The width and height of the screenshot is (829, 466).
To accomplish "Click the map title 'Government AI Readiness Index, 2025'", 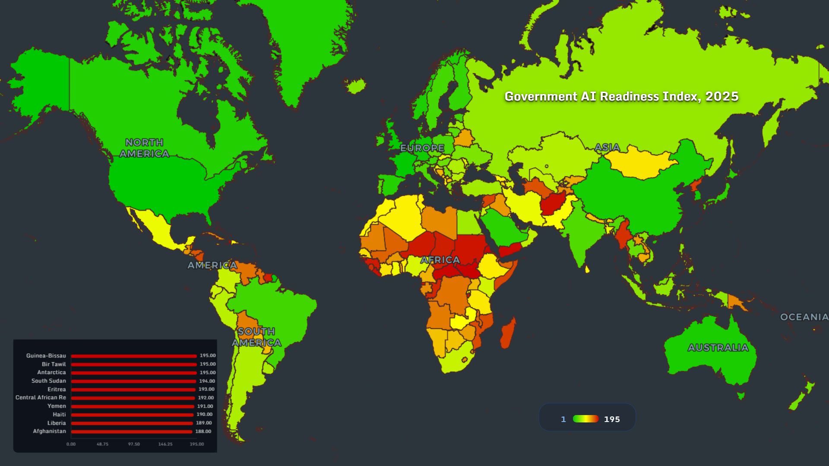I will point(621,96).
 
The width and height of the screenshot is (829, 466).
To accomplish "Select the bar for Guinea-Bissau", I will point(134,356).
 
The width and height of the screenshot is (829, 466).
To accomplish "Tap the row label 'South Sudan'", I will point(48,381).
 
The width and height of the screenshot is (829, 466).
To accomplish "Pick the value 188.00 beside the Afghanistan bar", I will point(203,431).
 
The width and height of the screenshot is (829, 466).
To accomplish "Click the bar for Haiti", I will point(132,415).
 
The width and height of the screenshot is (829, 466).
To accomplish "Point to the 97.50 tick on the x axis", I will point(134,444).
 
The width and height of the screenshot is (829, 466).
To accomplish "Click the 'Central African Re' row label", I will point(41,397).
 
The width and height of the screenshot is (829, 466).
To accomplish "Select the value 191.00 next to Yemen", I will point(205,406).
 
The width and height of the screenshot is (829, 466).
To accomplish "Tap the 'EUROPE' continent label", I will point(422,148).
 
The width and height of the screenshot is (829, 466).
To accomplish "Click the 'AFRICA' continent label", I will point(440,260).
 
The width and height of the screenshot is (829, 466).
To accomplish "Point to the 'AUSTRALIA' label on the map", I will point(718,348).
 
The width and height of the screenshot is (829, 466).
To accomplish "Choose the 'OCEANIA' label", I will point(804,317).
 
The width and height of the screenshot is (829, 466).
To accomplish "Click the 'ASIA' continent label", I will point(607,147).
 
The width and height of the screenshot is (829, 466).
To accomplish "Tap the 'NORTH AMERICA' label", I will point(144,148).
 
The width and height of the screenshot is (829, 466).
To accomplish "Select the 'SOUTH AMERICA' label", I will point(256,337).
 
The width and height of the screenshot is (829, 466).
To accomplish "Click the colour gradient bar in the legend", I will point(585,419).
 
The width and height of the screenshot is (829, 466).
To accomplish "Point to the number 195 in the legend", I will point(612,419).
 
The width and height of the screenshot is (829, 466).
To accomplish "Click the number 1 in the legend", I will point(563,419).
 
